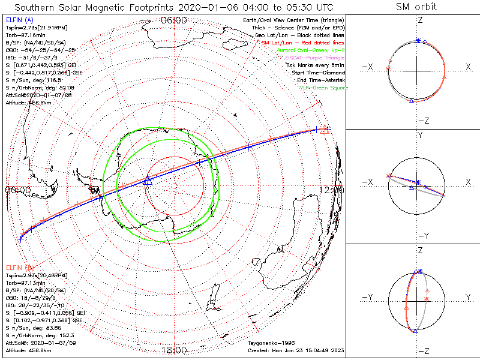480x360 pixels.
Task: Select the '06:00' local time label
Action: pos(173,21)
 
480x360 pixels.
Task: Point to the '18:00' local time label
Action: pos(173,350)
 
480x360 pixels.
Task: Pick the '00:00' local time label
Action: pos(17,190)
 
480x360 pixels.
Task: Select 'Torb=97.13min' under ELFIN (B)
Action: pos(25,281)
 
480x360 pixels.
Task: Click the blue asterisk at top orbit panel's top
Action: pos(418,41)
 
